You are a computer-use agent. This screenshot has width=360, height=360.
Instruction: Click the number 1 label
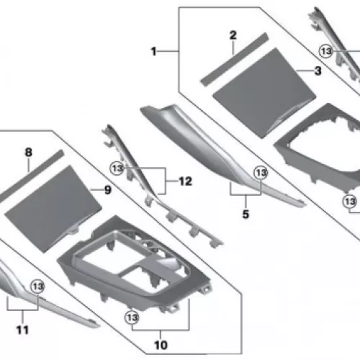(154, 51)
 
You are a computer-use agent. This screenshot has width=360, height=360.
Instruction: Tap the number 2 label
(233, 35)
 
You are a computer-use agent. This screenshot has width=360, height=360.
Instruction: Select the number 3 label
(318, 71)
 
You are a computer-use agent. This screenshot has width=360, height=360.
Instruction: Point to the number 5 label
(246, 214)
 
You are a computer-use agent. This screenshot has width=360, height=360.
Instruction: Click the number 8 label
(28, 152)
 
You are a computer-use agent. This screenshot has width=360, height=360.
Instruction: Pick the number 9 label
(108, 190)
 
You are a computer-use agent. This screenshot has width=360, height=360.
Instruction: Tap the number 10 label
(161, 345)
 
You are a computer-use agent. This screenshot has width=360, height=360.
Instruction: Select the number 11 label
(22, 330)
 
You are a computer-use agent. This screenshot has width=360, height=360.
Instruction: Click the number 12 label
(185, 181)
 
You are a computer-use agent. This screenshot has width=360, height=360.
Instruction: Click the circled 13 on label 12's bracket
(117, 168)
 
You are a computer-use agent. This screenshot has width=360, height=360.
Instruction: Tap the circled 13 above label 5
(261, 173)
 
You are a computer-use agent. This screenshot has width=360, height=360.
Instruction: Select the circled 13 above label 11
(37, 287)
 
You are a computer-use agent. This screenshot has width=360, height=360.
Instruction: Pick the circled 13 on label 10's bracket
(132, 318)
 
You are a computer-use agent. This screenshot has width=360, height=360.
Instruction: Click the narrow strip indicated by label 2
(234, 60)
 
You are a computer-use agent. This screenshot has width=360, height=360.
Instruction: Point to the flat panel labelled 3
(264, 93)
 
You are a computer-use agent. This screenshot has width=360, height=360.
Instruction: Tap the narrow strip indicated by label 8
(31, 176)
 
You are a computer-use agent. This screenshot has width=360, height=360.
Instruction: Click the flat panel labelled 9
(53, 209)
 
